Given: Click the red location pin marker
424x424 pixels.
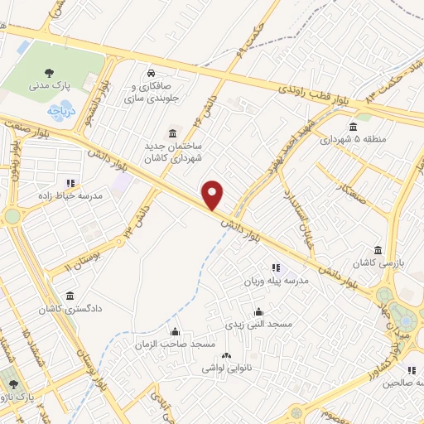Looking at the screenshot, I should coord(214,195).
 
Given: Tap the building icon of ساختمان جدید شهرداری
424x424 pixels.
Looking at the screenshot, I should coord(171,133).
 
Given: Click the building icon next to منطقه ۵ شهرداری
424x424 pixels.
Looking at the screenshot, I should coord(354,127).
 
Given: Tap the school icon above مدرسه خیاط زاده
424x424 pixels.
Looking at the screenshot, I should coord(70,183).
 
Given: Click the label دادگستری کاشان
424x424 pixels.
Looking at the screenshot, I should coord(69,309).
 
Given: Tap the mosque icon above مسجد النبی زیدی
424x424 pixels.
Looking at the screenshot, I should coord(259,312).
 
